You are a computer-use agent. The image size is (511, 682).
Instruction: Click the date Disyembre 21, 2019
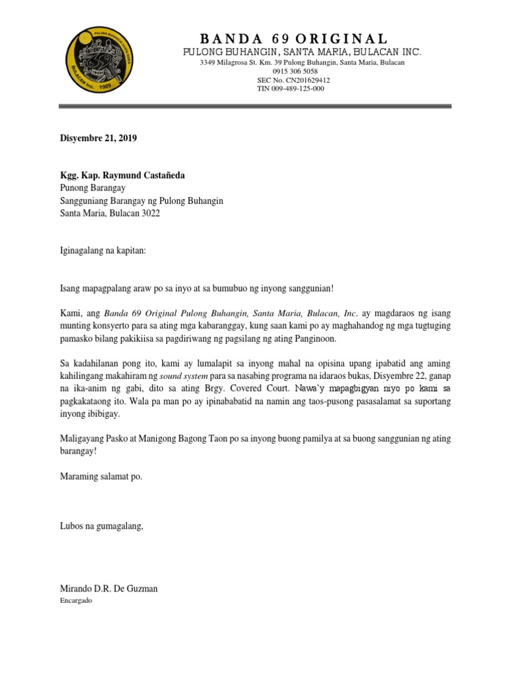click(x=98, y=139)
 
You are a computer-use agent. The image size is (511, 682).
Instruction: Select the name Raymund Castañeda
click(x=147, y=176)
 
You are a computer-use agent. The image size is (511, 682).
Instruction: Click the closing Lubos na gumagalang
click(x=102, y=527)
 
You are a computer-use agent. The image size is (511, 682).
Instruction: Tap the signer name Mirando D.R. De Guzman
click(x=108, y=589)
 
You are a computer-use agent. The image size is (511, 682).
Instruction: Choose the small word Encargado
click(x=76, y=600)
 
